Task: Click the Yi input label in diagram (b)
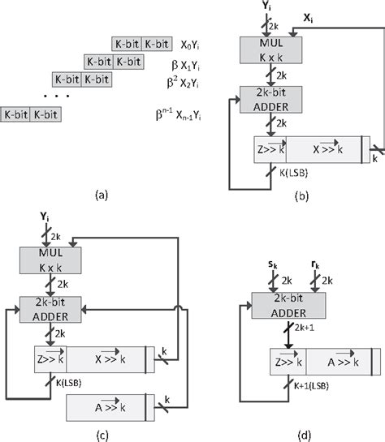pyautogui.click(x=265, y=7)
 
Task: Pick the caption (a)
pyautogui.click(x=102, y=194)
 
